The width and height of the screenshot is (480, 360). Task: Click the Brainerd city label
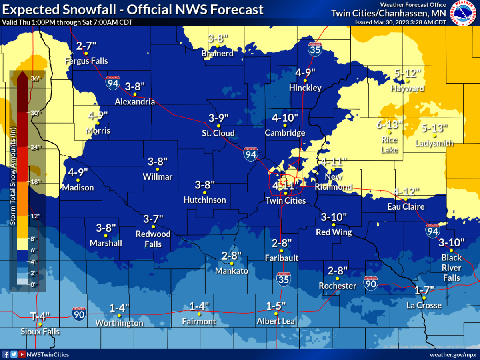[x=217, y=53]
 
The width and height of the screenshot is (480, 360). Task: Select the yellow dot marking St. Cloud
[x=218, y=126]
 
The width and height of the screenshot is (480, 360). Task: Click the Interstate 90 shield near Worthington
[x=79, y=314]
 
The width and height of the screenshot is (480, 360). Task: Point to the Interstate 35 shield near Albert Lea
[x=283, y=278]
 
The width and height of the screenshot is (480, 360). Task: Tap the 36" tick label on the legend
[x=36, y=78]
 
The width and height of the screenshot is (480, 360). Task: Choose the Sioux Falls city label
[x=40, y=332]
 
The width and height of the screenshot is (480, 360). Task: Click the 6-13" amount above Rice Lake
[x=389, y=124]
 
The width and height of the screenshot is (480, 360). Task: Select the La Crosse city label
[x=424, y=306]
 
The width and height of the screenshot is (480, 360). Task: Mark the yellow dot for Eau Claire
[x=406, y=199]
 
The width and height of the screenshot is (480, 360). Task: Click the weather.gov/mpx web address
[x=453, y=354]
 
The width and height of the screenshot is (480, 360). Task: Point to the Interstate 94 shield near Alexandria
[x=112, y=82]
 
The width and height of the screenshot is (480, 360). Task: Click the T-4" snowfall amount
[x=40, y=316]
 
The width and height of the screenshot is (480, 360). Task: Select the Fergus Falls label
[x=86, y=61]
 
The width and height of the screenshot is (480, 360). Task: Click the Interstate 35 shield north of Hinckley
[x=314, y=49]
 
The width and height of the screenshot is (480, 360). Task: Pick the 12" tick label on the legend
[x=36, y=216]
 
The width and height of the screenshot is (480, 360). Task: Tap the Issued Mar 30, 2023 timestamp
[x=400, y=22]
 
